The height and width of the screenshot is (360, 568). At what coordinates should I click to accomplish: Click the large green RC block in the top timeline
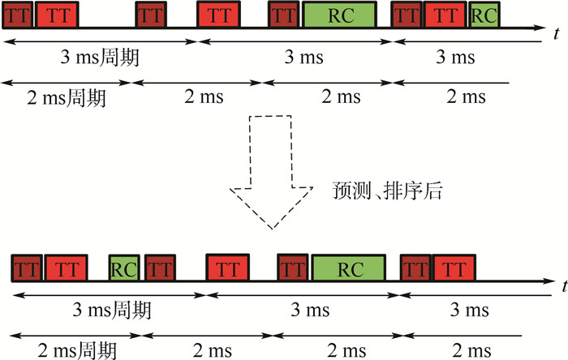click(x=340, y=15)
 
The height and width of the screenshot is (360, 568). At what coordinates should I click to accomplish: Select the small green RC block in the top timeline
click(x=484, y=15)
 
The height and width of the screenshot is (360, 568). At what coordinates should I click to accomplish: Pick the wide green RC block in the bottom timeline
click(x=349, y=267)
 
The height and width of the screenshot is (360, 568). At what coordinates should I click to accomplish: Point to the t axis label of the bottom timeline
click(x=562, y=286)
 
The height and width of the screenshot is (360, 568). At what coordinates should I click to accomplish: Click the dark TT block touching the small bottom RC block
click(x=160, y=267)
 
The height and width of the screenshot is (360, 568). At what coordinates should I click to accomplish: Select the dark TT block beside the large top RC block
click(x=284, y=15)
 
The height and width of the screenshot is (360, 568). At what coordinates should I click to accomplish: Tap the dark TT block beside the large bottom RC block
click(x=294, y=267)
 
